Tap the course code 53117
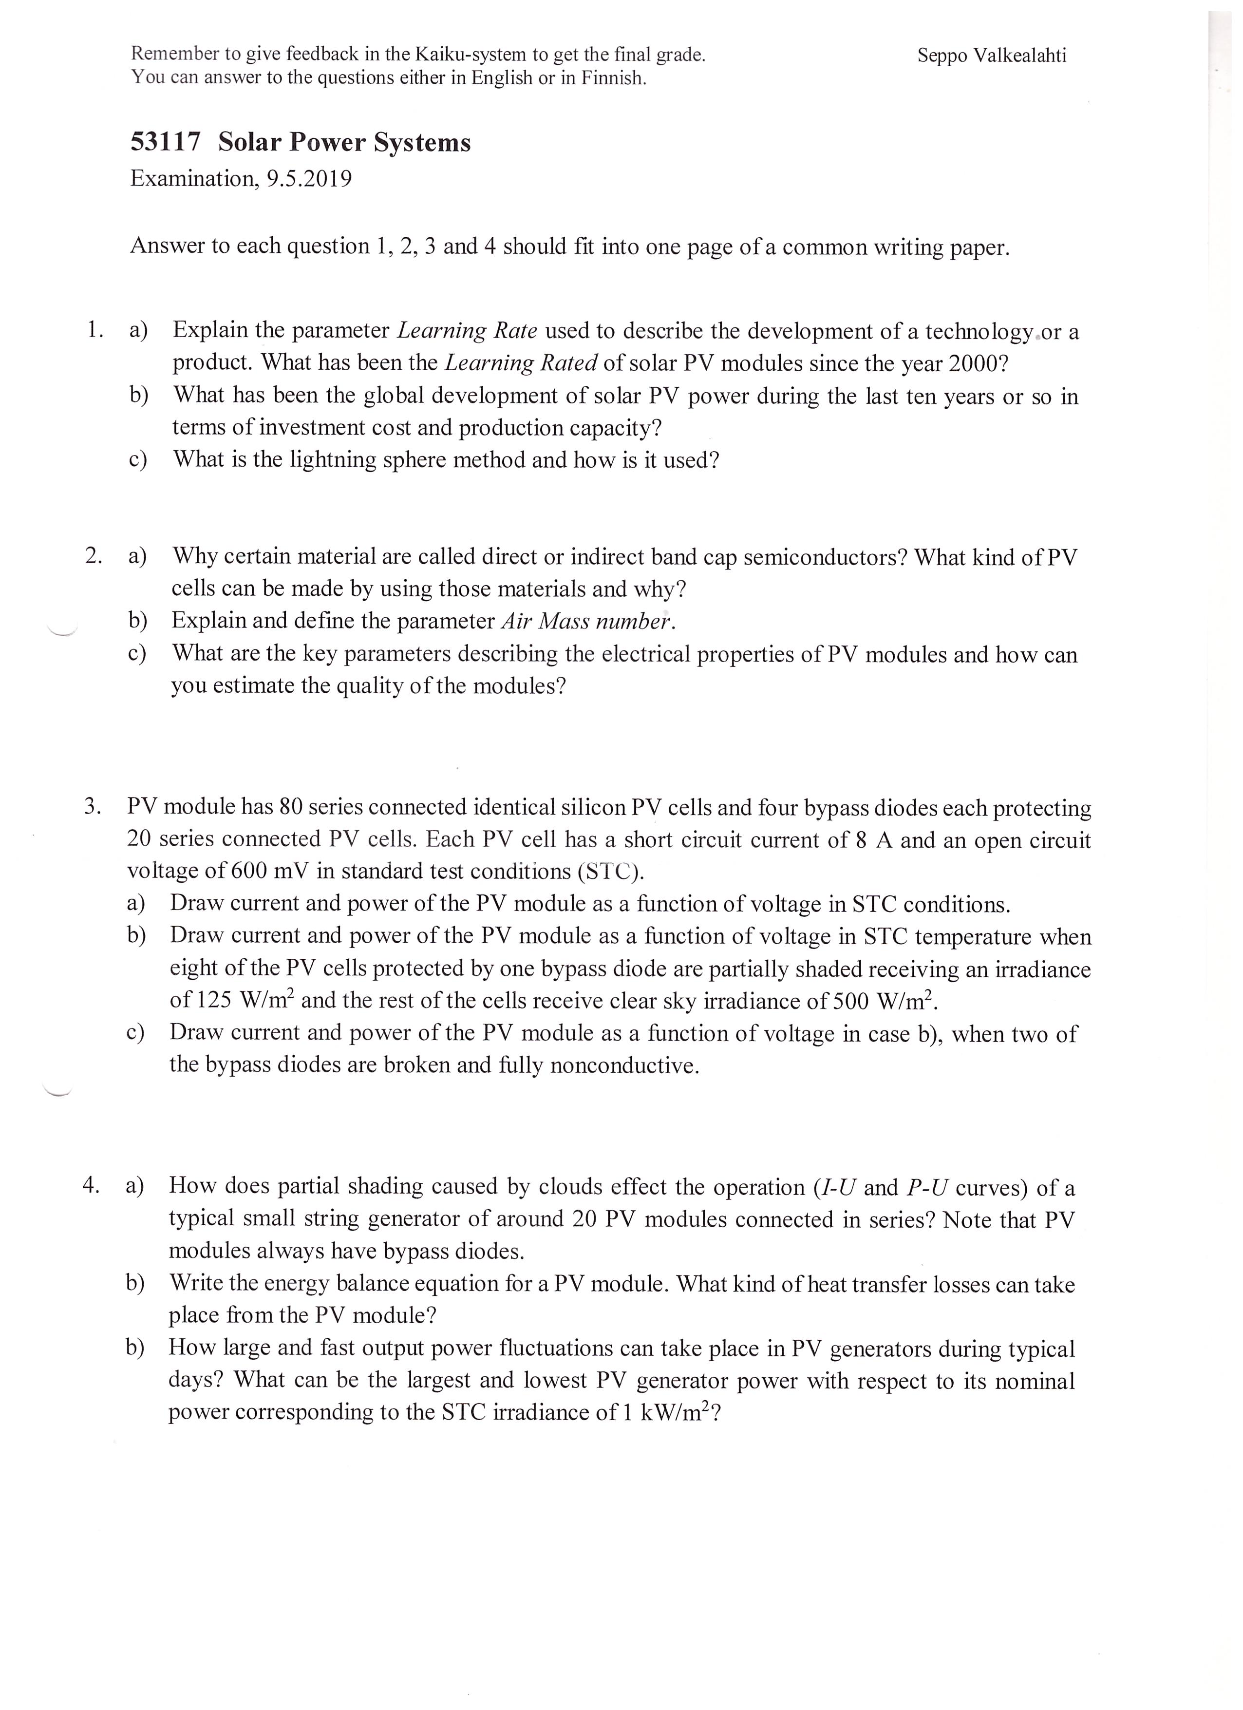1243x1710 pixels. click(166, 142)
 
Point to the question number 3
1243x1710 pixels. click(92, 806)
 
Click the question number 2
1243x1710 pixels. click(93, 556)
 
